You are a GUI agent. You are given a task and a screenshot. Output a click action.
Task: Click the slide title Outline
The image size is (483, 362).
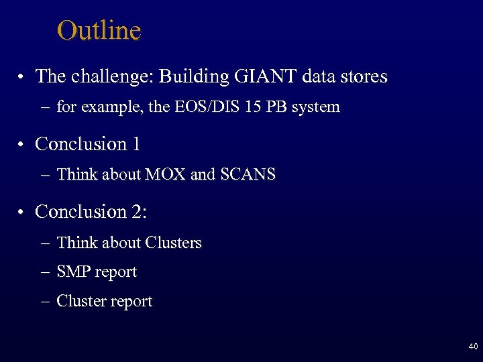pyautogui.click(x=99, y=31)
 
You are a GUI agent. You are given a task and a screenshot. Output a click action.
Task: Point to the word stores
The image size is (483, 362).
pyautogui.click(x=364, y=76)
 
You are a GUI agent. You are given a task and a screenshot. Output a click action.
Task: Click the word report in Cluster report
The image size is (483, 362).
pyautogui.click(x=131, y=302)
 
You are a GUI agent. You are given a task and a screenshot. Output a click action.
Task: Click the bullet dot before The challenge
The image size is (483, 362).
pyautogui.click(x=23, y=78)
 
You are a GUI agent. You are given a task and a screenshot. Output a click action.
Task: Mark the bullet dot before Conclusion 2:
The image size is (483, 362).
pyautogui.click(x=23, y=213)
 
